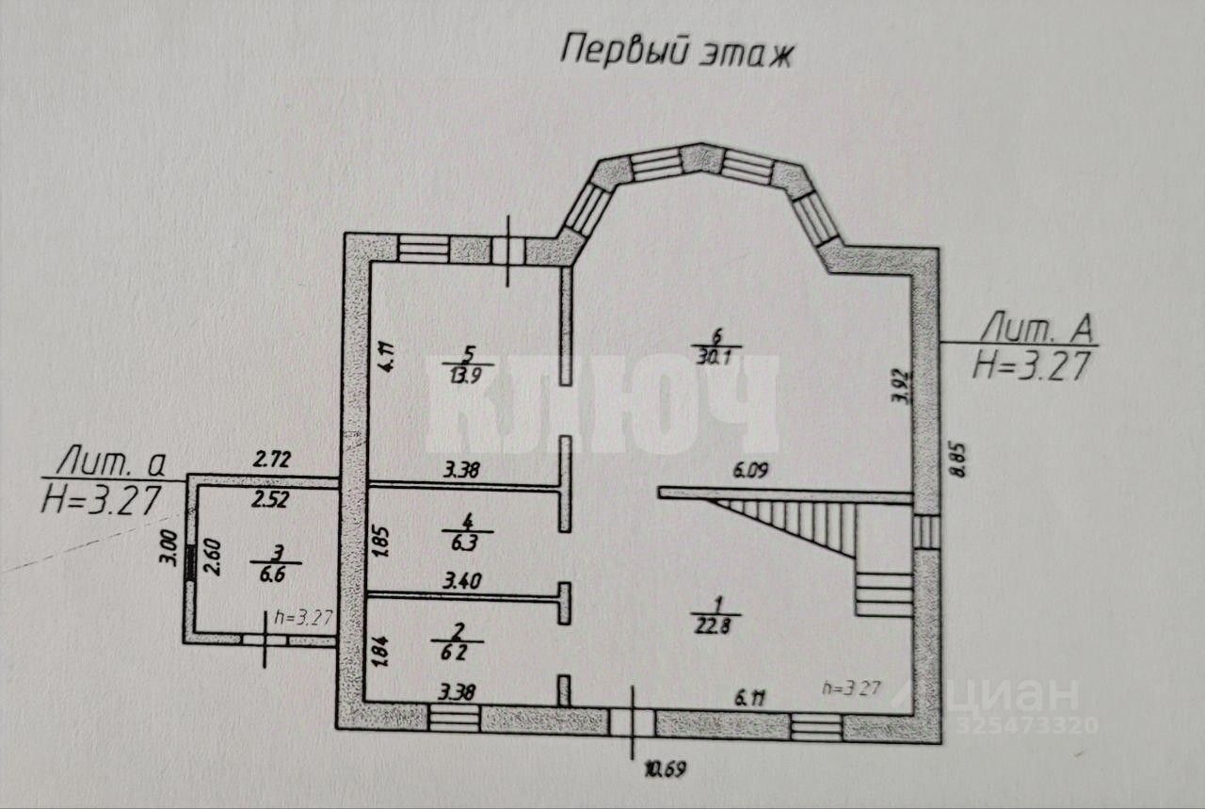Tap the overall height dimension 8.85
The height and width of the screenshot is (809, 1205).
960,465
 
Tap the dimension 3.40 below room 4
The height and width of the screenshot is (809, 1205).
462,582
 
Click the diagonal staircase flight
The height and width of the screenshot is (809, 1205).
800,524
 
